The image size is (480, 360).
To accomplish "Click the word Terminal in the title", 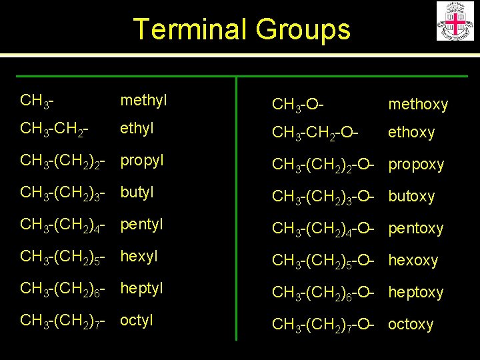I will click(185, 29).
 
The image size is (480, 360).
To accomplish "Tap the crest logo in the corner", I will click(455, 21).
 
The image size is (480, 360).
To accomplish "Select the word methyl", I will click(143, 100).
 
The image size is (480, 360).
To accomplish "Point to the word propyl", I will click(142, 161).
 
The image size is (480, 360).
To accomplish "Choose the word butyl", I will click(137, 192).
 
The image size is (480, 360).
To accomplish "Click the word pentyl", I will click(141, 224).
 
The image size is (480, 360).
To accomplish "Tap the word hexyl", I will click(139, 256).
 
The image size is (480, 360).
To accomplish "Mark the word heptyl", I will click(141, 288).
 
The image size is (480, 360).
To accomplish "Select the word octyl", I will click(137, 320).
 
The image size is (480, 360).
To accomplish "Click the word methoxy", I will click(418, 104).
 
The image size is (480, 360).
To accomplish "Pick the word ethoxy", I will click(411, 133).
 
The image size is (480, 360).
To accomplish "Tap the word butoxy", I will click(411, 197).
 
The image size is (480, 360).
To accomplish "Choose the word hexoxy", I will click(413, 260).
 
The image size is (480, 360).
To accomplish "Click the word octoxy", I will click(411, 324).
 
